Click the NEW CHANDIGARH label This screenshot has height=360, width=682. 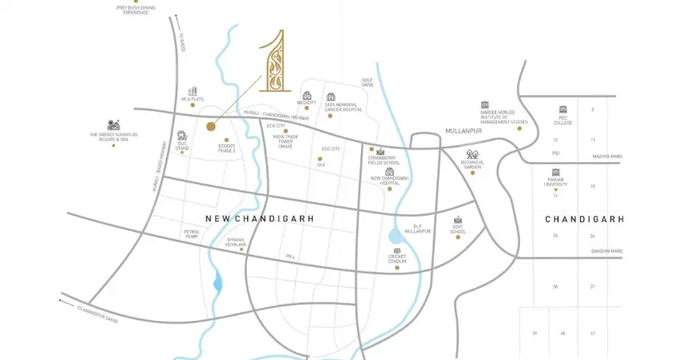(259, 218)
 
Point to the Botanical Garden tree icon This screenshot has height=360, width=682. (472, 154)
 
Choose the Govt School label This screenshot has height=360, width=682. (458, 232)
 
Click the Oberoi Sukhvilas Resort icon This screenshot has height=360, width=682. (112, 125)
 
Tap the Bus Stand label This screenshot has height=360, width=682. (182, 148)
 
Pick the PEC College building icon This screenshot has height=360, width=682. (562, 109)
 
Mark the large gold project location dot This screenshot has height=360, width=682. (211, 126)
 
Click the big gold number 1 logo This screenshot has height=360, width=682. (272, 70)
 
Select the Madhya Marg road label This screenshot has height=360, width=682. (607, 156)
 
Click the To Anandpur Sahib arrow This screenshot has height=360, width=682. (64, 301)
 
